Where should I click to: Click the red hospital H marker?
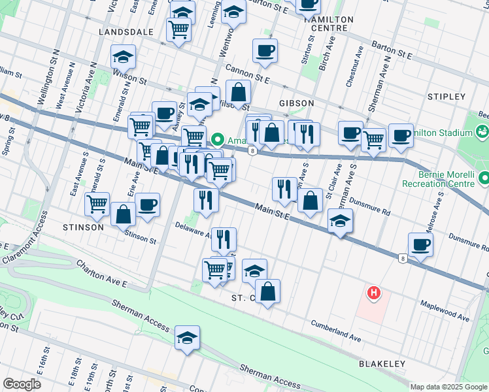pyautogui.click(x=373, y=293)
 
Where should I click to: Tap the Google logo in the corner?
pyautogui.click(x=22, y=384)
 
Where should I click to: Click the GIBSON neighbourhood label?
pyautogui.click(x=296, y=103)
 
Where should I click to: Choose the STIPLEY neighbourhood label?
pyautogui.click(x=446, y=97)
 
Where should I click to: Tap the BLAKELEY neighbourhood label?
pyautogui.click(x=382, y=363)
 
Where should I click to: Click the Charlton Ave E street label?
pyautogui.click(x=101, y=273)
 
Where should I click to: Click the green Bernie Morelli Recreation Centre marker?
pyautogui.click(x=484, y=178)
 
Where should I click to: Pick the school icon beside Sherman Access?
pyautogui.click(x=188, y=338)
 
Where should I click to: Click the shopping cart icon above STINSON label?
pyautogui.click(x=97, y=204)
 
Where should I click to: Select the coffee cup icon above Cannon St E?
pyautogui.click(x=265, y=51)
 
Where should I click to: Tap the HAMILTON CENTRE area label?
pyautogui.click(x=329, y=24)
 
